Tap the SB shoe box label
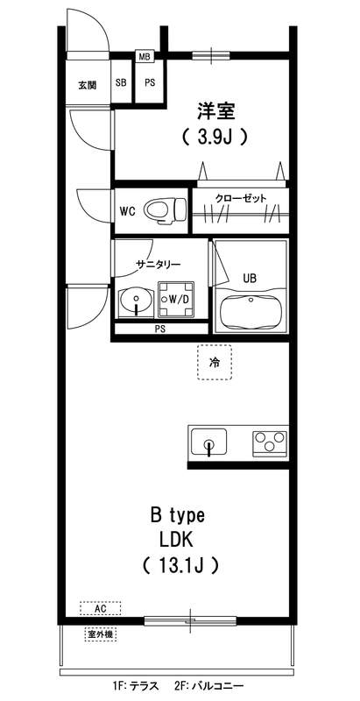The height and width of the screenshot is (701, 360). point(121,84)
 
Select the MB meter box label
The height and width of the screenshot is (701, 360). point(144,57)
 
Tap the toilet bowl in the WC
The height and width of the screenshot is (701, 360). point(164,210)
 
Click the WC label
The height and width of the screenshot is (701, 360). point(127,211)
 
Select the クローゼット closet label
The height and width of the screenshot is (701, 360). point(240,198)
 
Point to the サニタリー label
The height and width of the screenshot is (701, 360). point(158,264)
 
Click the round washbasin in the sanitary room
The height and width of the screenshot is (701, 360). point(137,304)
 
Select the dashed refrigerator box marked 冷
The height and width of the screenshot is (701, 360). point(215,361)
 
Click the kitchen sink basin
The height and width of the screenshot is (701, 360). point(208,442)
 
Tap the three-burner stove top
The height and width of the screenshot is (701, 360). point(271,442)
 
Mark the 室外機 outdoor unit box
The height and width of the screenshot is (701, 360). point(102,633)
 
